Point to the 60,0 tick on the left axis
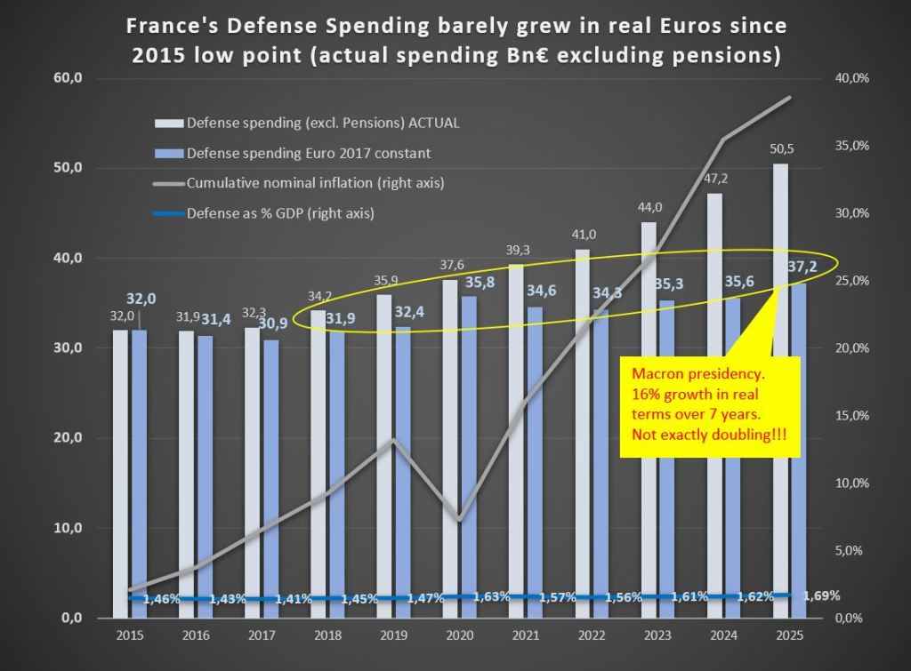click(x=68, y=78)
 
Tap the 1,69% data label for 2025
click(x=820, y=595)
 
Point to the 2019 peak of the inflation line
click(x=393, y=439)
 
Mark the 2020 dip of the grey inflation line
click(x=458, y=519)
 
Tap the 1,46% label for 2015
click(x=161, y=599)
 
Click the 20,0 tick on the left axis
click(x=68, y=438)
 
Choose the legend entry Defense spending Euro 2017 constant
click(x=308, y=153)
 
